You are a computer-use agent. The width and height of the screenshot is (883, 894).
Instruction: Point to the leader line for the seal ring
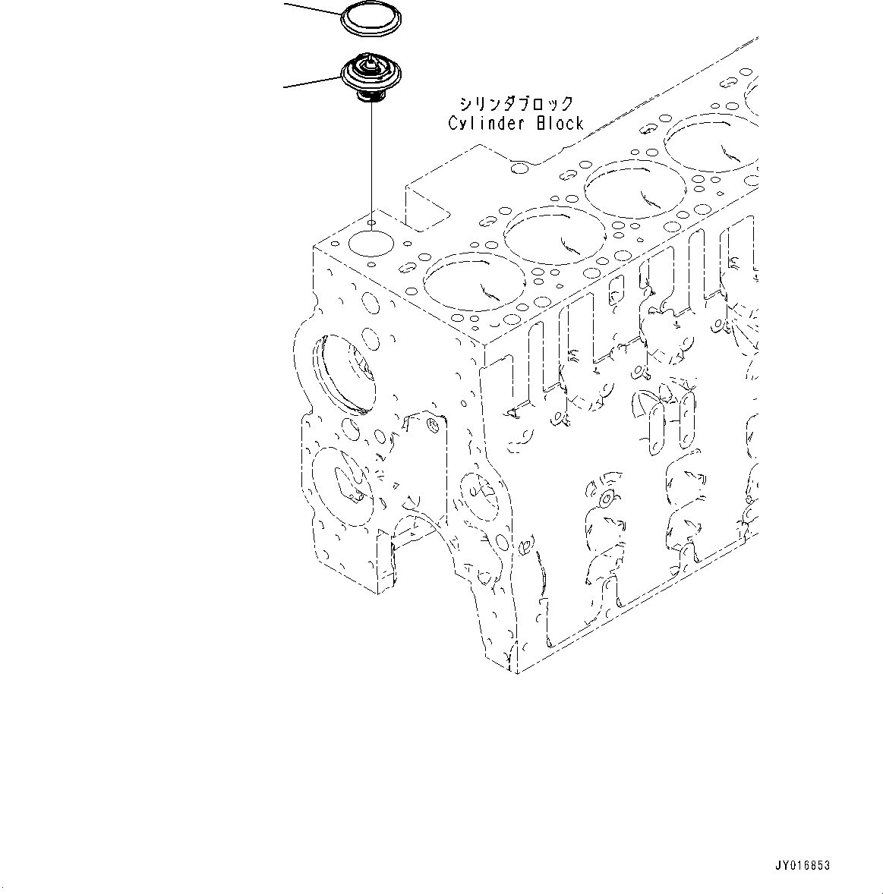pyautogui.click(x=311, y=9)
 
